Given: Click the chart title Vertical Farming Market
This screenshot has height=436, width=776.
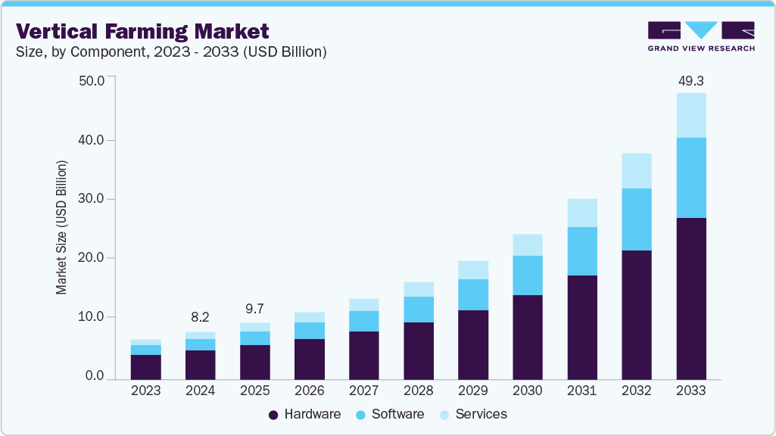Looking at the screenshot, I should (142, 31).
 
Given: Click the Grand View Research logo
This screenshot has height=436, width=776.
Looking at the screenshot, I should (701, 36).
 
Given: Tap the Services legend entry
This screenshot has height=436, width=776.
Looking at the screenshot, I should (474, 414).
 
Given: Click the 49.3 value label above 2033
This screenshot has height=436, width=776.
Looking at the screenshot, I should (690, 80).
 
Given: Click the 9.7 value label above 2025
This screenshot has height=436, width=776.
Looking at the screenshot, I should (255, 309).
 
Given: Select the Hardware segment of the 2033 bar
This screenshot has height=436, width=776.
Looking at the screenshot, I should (690, 298).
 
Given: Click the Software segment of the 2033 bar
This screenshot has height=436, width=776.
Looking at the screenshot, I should (690, 178).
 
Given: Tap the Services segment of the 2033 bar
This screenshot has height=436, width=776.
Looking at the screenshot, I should (690, 115).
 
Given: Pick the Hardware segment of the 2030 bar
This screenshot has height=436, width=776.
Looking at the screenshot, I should (527, 337).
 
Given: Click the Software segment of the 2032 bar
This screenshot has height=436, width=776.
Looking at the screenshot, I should (636, 220).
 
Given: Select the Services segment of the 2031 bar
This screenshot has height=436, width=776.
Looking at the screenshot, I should (581, 213).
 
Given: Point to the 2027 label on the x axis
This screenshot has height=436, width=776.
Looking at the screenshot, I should (363, 391).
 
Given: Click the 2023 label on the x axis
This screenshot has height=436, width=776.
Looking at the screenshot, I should (145, 391).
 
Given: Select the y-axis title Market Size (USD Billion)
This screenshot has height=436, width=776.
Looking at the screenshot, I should (61, 227).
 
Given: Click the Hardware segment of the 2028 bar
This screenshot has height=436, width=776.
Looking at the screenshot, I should (418, 350).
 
